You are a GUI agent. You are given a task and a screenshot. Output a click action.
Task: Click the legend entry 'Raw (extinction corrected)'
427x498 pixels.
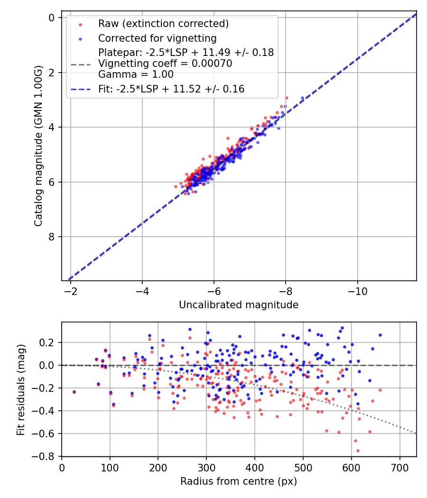pos(163,24)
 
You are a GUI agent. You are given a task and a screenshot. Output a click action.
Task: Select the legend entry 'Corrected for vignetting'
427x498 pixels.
pos(157,38)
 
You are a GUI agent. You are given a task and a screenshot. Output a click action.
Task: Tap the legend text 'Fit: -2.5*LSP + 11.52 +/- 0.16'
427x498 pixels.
pos(171,89)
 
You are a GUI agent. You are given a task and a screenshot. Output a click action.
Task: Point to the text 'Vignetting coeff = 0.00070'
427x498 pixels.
pos(165,64)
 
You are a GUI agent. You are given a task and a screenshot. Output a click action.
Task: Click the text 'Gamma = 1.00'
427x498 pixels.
pos(136,74)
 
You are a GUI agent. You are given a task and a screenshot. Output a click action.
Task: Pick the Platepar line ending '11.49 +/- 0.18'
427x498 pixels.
pos(186,53)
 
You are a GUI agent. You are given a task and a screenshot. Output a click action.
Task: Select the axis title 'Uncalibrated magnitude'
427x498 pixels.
pos(239,305)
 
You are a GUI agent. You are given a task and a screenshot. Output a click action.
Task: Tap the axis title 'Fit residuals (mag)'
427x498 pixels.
pos(20,389)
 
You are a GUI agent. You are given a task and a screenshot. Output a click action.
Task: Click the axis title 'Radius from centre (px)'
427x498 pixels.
pos(239,481)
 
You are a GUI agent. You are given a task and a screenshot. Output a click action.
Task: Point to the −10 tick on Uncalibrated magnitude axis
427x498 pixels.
pos(357,291)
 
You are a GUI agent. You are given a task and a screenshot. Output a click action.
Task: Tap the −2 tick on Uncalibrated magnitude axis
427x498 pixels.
pos(71,291)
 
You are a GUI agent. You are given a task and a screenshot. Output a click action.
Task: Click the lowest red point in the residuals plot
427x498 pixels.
pos(358,451)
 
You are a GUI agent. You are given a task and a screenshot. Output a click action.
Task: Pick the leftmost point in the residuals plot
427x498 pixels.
pos(74,392)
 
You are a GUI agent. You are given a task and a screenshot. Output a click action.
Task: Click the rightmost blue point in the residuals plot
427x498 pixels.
pos(380,335)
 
